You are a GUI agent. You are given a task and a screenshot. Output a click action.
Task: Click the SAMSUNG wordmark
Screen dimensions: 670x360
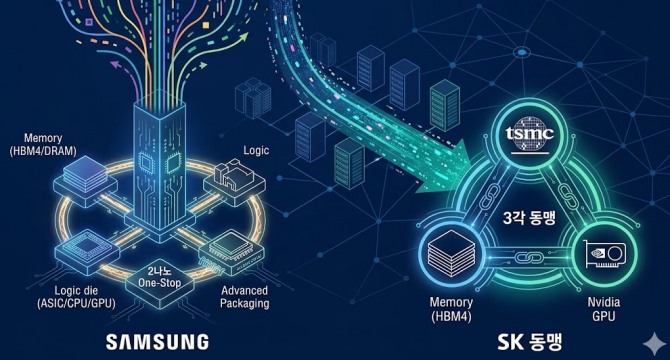(x=157, y=342)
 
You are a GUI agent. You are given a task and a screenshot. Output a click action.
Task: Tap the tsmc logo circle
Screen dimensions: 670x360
(x=529, y=134)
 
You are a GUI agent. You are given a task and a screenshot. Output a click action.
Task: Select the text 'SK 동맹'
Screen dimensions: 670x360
(x=530, y=342)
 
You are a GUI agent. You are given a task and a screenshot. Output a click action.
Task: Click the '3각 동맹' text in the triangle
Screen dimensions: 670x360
(x=529, y=218)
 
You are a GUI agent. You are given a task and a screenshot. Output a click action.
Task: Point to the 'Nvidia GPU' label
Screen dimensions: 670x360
(x=603, y=309)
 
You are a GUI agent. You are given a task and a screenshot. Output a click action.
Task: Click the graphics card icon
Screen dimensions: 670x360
(x=605, y=253)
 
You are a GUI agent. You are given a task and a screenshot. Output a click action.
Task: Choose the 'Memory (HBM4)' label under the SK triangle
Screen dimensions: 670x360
(x=451, y=309)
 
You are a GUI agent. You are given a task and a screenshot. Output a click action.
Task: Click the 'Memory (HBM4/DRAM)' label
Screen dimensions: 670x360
(x=43, y=144)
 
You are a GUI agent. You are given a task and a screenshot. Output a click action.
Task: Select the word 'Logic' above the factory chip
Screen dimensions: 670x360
(x=256, y=150)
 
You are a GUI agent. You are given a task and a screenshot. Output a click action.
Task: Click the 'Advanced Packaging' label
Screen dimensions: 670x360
(x=244, y=297)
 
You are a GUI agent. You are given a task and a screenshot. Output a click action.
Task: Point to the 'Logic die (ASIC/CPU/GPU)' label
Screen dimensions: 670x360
(x=76, y=297)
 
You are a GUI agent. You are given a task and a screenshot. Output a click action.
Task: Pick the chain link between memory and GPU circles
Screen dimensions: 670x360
(x=529, y=258)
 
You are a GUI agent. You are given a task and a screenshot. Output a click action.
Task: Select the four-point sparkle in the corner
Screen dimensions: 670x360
(x=654, y=342)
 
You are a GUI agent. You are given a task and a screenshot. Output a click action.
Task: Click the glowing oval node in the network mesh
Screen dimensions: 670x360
(x=522, y=53)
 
